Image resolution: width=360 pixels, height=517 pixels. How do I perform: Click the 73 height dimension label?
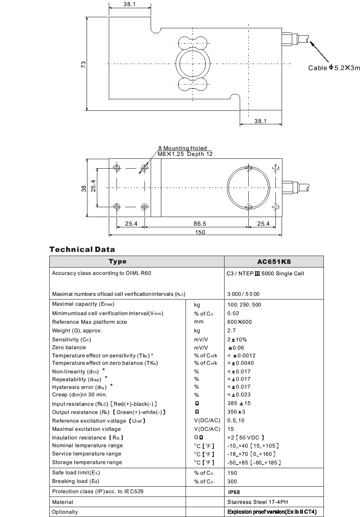click(83, 64)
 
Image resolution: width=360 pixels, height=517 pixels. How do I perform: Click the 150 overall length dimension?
click(200, 232)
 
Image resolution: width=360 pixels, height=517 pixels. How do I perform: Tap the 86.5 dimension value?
click(199, 224)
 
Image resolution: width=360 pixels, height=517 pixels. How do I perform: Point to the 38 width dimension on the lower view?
click(84, 188)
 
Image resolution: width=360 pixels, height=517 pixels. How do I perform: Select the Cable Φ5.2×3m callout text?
click(334, 68)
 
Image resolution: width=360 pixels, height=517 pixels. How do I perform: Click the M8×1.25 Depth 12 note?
click(185, 154)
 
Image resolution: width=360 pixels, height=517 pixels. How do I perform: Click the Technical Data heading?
click(82, 249)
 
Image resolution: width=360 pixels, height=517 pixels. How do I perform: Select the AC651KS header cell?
click(274, 261)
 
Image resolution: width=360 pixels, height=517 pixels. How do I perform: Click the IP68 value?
click(234, 492)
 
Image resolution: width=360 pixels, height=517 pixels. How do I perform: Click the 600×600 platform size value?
click(239, 322)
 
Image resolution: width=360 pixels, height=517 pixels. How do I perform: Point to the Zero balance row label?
click(69, 348)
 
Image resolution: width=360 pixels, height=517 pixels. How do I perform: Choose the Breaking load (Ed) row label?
click(76, 481)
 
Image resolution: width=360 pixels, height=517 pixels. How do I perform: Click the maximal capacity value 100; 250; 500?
click(244, 304)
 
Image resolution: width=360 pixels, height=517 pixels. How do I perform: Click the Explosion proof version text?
click(272, 512)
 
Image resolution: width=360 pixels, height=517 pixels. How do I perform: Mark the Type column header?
click(117, 261)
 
